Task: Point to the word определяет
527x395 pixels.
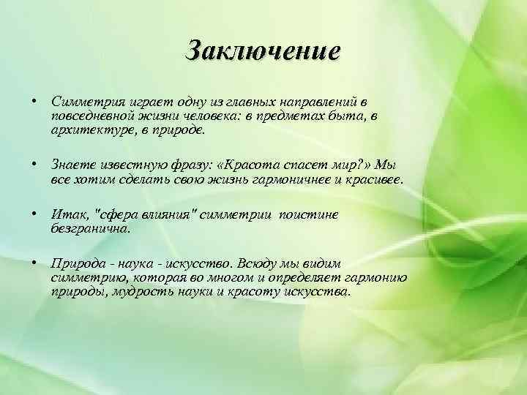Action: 279,279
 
